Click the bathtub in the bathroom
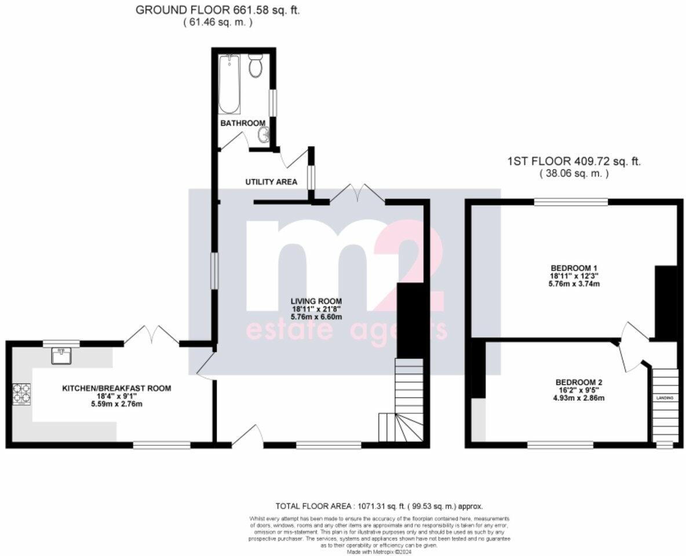(229, 85)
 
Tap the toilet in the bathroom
(255, 67)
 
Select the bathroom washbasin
(264, 136)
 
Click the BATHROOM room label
(243, 123)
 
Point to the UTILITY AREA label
(271, 182)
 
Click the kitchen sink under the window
(61, 355)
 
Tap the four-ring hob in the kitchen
(22, 394)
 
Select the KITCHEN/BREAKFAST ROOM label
(116, 388)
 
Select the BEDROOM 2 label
(579, 382)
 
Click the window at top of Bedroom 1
(571, 202)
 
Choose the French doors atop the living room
(357, 193)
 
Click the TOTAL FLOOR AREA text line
(379, 506)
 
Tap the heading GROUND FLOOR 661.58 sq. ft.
(217, 10)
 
